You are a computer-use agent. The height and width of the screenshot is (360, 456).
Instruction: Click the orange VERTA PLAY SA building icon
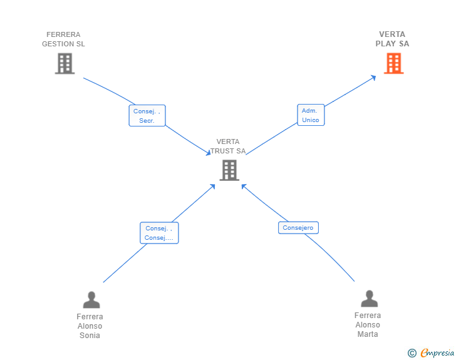pyautogui.click(x=394, y=63)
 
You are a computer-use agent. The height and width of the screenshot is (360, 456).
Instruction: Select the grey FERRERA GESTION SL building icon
pyautogui.click(x=65, y=63)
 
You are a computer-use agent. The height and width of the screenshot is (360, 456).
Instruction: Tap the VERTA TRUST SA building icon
pyautogui.click(x=229, y=170)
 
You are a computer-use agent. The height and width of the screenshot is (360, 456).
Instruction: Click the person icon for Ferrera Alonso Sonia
pyautogui.click(x=91, y=300)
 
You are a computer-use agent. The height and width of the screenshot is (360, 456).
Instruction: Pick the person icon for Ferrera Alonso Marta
pyautogui.click(x=370, y=299)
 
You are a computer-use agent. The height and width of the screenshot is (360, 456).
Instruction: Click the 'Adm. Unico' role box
pyautogui.click(x=311, y=115)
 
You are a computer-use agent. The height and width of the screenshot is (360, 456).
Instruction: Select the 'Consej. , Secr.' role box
pyautogui.click(x=147, y=115)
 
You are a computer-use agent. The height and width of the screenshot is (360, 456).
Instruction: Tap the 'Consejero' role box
pyautogui.click(x=298, y=228)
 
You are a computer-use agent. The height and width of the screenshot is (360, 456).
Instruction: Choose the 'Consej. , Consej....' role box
pyautogui.click(x=159, y=233)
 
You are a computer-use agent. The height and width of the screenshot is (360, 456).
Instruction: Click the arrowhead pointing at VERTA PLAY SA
pyautogui.click(x=373, y=78)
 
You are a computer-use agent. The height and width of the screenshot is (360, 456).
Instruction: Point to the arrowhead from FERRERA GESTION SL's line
pyautogui.click(x=208, y=153)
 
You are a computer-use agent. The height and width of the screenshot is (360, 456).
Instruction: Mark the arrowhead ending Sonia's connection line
pyautogui.click(x=212, y=187)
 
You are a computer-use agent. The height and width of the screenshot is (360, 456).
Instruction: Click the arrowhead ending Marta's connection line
pyautogui.click(x=244, y=187)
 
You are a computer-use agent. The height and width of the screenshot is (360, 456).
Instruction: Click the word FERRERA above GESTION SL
pyautogui.click(x=63, y=34)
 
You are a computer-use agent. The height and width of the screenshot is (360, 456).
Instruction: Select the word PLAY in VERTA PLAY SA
pyautogui.click(x=386, y=44)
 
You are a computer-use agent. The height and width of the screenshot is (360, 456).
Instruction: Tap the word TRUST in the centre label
pyautogui.click(x=222, y=151)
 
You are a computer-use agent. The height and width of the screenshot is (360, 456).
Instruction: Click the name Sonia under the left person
pyautogui.click(x=90, y=336)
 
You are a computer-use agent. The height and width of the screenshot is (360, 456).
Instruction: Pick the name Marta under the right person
pyautogui.click(x=368, y=334)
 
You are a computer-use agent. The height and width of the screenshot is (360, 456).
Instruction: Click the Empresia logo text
pyautogui.click(x=437, y=352)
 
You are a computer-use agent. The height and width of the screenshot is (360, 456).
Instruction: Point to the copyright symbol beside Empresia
pyautogui.click(x=412, y=353)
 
